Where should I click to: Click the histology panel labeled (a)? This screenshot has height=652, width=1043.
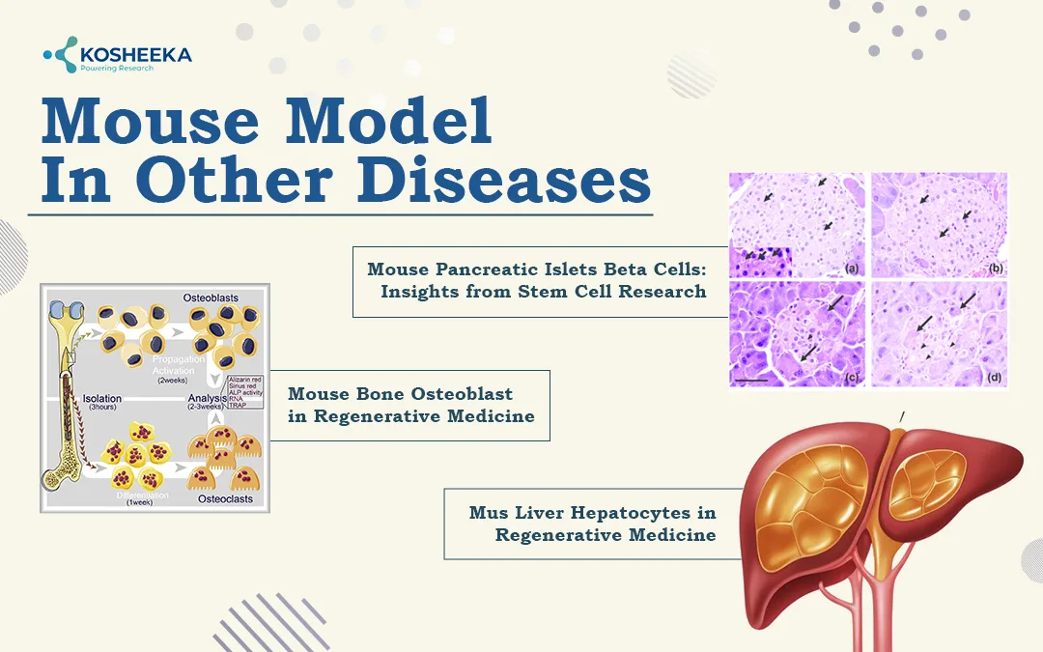[x=796, y=224]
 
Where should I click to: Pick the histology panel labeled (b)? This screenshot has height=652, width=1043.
[x=939, y=224]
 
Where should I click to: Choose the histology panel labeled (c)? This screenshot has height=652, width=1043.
[x=796, y=334]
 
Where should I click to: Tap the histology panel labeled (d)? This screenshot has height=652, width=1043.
[x=939, y=334]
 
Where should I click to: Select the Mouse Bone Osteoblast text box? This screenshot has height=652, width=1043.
[x=409, y=406]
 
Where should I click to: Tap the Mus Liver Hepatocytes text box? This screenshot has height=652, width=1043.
[x=591, y=524]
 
